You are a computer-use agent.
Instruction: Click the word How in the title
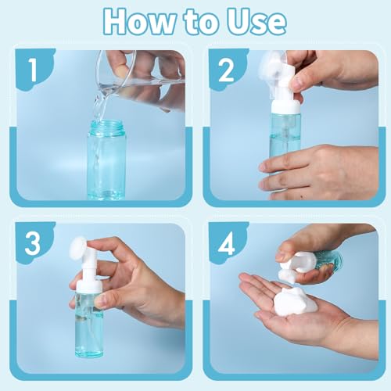tap(134, 22)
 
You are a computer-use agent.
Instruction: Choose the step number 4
tap(227, 243)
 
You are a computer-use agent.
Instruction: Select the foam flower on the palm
tap(301, 299)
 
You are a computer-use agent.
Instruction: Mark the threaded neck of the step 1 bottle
tap(106, 127)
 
